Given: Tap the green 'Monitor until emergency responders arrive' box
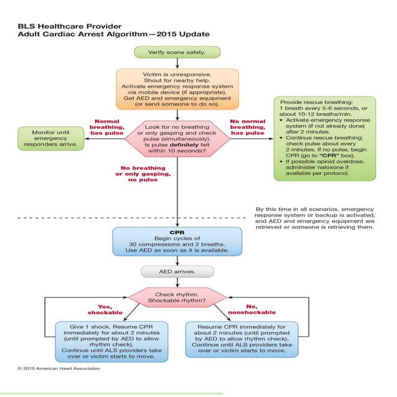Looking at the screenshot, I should (50, 138).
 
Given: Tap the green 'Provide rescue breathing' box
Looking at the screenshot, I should (325, 138).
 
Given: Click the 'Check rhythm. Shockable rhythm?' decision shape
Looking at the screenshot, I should (177, 297).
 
